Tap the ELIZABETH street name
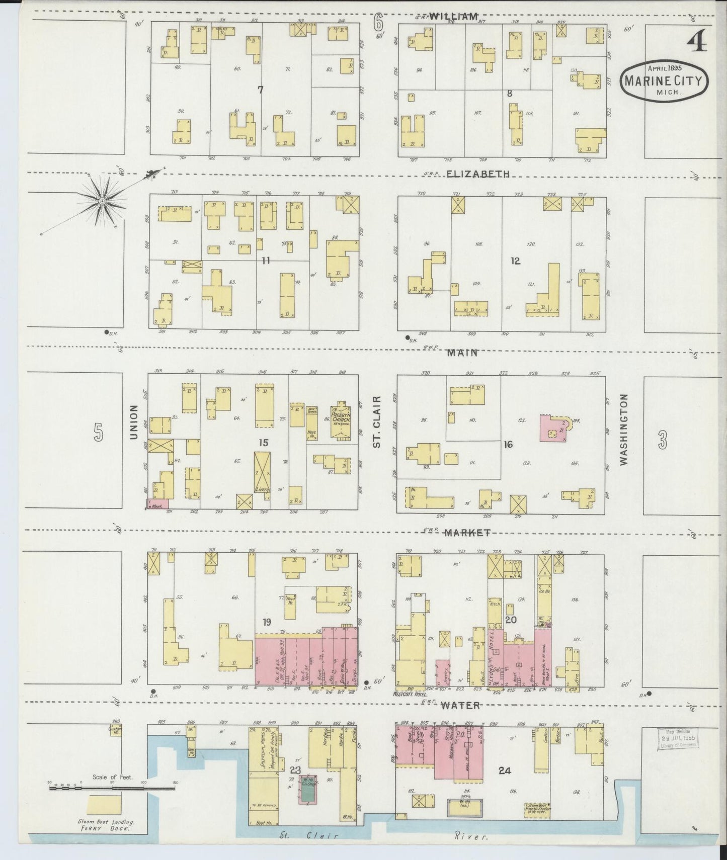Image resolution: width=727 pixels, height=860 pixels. point(477,174)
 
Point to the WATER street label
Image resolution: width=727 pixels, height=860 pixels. point(461,706)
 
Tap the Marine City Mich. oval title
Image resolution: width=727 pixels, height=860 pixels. point(664,81)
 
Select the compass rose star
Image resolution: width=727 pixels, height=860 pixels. point(102,201)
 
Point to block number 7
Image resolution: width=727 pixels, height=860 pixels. point(260,90)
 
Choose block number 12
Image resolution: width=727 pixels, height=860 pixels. point(515,261)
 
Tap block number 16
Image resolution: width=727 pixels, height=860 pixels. point(508,445)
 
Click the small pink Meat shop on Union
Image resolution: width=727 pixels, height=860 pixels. point(157,503)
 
